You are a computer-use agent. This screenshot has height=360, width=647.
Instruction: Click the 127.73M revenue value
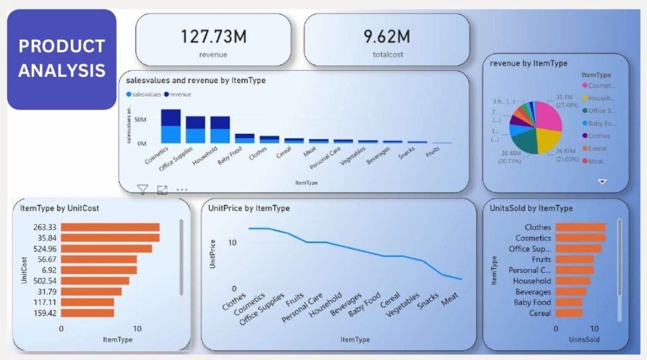pyautogui.click(x=213, y=36)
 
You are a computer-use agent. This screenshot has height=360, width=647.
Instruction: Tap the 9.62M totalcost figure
pyautogui.click(x=387, y=36)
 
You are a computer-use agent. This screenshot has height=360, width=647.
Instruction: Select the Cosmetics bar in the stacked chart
pyautogui.click(x=171, y=126)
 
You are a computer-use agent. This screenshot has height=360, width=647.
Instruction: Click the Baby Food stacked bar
pyautogui.click(x=245, y=138)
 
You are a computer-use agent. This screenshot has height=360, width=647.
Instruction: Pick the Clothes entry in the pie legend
pyautogui.click(x=599, y=136)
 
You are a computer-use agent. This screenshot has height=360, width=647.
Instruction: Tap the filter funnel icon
pyautogui.click(x=143, y=189)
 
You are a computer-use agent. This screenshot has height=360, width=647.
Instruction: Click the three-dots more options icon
pyautogui.click(x=182, y=189)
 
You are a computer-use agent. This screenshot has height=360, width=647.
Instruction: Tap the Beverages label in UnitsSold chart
pyautogui.click(x=533, y=292)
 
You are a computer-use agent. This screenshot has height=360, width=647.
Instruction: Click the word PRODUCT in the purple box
pyautogui.click(x=61, y=46)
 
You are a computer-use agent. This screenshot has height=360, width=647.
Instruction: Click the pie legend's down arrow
pyautogui.click(x=602, y=181)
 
